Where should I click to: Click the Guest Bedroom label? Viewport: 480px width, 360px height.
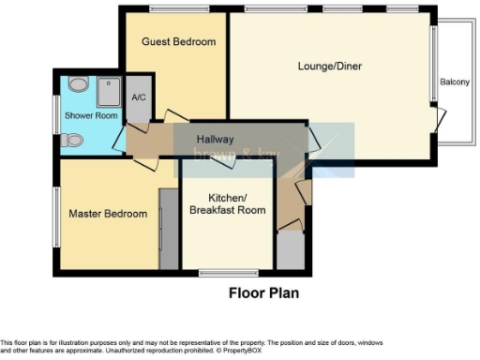point(178,42)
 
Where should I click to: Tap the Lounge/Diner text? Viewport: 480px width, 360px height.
point(329,67)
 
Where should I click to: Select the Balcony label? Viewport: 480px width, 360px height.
point(455,82)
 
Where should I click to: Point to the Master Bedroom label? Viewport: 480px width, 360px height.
point(108,214)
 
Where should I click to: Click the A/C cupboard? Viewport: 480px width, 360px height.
point(138,99)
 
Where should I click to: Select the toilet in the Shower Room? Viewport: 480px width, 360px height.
point(72,142)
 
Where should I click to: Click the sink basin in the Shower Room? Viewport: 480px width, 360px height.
point(78,85)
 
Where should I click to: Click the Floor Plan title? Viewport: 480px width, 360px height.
point(263,292)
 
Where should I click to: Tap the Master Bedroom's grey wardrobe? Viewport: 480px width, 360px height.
point(169,229)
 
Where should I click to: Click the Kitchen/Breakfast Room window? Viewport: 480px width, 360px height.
point(227,273)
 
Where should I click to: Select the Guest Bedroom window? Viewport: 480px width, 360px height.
point(178,9)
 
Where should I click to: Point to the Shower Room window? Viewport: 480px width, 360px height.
point(55,115)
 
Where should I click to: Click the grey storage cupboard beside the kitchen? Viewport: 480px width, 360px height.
point(290,250)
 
